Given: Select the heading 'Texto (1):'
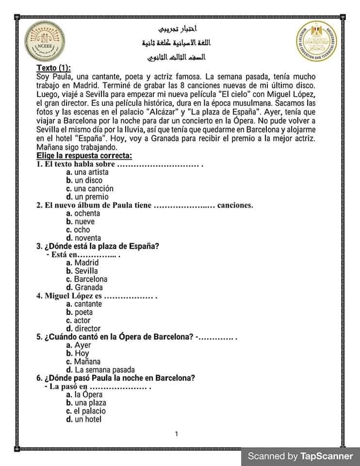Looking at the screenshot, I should pyautogui.click(x=54, y=68).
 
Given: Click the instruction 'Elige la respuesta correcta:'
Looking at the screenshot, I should pyautogui.click(x=84, y=156).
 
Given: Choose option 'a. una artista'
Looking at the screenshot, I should pyautogui.click(x=87, y=172).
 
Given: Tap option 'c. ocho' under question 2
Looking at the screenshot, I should pyautogui.click(x=78, y=230).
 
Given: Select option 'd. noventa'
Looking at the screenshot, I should pyautogui.click(x=84, y=238).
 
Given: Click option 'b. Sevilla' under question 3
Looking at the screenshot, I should pyautogui.click(x=82, y=271).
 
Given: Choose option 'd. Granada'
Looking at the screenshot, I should pyautogui.click(x=84, y=287).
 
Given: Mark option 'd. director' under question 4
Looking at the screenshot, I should pyautogui.click(x=84, y=329).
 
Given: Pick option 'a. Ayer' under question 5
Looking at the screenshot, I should pyautogui.click(x=79, y=345).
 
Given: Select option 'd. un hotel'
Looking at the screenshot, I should pyautogui.click(x=84, y=419).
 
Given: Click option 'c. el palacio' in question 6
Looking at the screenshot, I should pyautogui.click(x=86, y=411).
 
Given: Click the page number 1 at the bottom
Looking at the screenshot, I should pyautogui.click(x=177, y=433).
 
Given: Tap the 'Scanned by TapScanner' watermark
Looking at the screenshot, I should pyautogui.click(x=300, y=456).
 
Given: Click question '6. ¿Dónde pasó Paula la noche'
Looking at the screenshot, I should pyautogui.click(x=116, y=378).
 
